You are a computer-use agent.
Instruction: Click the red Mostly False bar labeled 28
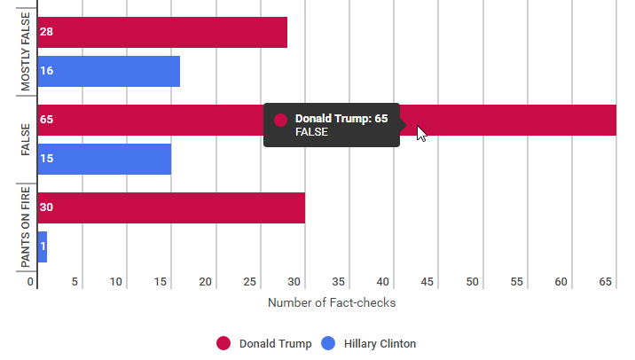point(162,32)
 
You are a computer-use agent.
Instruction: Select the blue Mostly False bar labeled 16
point(108,71)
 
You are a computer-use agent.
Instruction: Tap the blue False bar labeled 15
point(104,159)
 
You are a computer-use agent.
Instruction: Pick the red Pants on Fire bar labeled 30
point(171,207)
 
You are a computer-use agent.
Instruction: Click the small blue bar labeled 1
point(43,247)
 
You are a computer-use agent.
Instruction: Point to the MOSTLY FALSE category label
point(25,51)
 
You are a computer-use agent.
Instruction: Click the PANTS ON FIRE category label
point(25,228)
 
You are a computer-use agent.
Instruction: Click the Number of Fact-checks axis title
point(331,303)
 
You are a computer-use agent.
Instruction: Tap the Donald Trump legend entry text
point(275,344)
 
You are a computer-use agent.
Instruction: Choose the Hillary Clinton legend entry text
point(380,344)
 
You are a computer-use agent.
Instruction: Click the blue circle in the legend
point(328,344)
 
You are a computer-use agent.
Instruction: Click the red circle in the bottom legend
point(223,344)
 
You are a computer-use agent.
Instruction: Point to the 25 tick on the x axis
point(250,282)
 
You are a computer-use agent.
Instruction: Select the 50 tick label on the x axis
point(473,282)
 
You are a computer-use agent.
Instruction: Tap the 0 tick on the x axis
point(31,282)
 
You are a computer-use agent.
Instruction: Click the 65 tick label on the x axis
point(607,282)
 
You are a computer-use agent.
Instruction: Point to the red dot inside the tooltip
point(280,120)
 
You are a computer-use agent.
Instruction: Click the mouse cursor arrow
point(421,132)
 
